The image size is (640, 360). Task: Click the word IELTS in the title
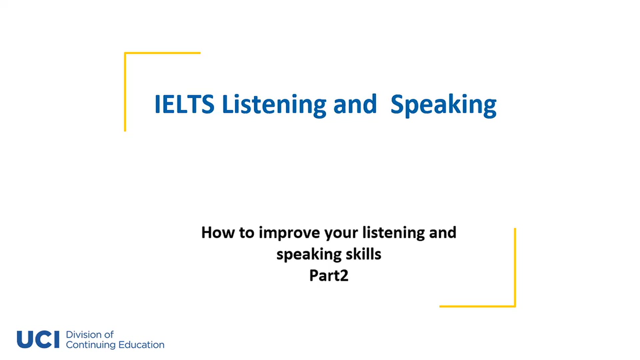click(184, 104)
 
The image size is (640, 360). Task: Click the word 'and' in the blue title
click(355, 104)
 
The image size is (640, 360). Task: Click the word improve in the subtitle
click(289, 232)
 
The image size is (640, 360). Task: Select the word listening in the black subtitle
click(393, 232)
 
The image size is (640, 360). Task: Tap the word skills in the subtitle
click(363, 254)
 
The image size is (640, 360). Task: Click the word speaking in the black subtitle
click(309, 255)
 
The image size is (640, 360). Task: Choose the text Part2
click(329, 275)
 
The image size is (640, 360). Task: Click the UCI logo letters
click(38, 340)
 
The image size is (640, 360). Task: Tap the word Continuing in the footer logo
click(91, 345)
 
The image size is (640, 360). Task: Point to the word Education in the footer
click(141, 345)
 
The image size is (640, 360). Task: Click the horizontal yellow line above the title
click(163, 53)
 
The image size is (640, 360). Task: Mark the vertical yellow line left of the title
click(125, 93)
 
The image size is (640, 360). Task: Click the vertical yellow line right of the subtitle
click(515, 267)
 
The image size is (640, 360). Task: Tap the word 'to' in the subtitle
click(247, 232)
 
